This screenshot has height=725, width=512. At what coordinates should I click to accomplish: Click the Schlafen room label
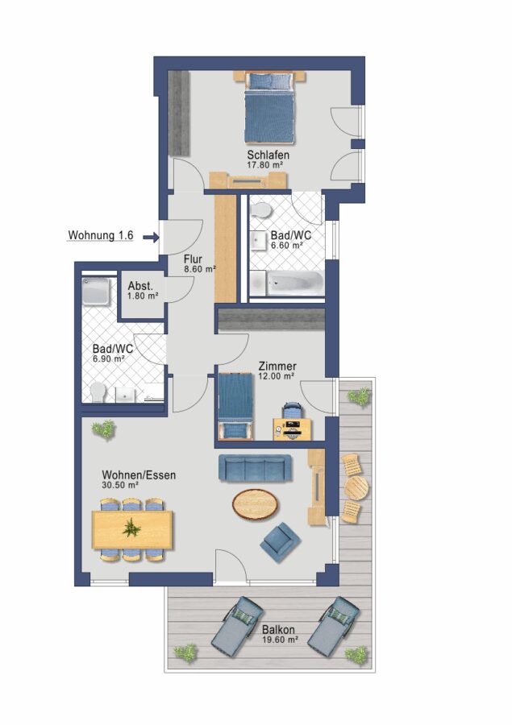pyautogui.click(x=268, y=155)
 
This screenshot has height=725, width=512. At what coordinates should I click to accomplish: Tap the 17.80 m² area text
pyautogui.click(x=265, y=164)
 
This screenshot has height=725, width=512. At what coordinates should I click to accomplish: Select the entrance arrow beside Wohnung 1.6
pyautogui.click(x=151, y=238)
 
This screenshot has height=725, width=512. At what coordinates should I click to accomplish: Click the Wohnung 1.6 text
pyautogui.click(x=101, y=235)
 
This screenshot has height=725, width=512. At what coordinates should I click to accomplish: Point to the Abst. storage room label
pyautogui.click(x=140, y=286)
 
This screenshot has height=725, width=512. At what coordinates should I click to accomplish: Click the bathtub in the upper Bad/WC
pyautogui.click(x=286, y=282)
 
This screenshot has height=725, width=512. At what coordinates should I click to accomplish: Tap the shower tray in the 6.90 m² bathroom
pyautogui.click(x=96, y=292)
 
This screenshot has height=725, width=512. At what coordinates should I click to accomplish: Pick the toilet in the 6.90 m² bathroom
pyautogui.click(x=98, y=392)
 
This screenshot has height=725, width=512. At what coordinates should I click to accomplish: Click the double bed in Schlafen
pyautogui.click(x=269, y=107)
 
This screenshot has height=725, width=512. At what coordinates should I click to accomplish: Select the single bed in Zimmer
pyautogui.click(x=235, y=406)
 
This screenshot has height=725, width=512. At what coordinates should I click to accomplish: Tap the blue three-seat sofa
pyautogui.click(x=255, y=468)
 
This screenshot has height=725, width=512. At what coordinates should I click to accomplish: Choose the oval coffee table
pyautogui.click(x=256, y=504)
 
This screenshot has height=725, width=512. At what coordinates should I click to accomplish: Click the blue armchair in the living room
pyautogui.click(x=281, y=542)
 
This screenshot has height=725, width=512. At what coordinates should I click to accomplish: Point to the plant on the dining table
pyautogui.click(x=131, y=528)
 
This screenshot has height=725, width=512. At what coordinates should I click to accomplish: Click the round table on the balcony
pyautogui.click(x=356, y=487)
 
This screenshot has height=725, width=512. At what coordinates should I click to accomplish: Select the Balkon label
pyautogui.click(x=277, y=629)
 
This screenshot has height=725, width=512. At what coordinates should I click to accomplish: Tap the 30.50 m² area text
pyautogui.click(x=120, y=485)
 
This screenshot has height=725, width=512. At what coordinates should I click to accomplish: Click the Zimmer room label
pyautogui.click(x=277, y=367)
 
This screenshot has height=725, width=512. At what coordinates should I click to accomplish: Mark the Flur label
pyautogui.click(x=193, y=259)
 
